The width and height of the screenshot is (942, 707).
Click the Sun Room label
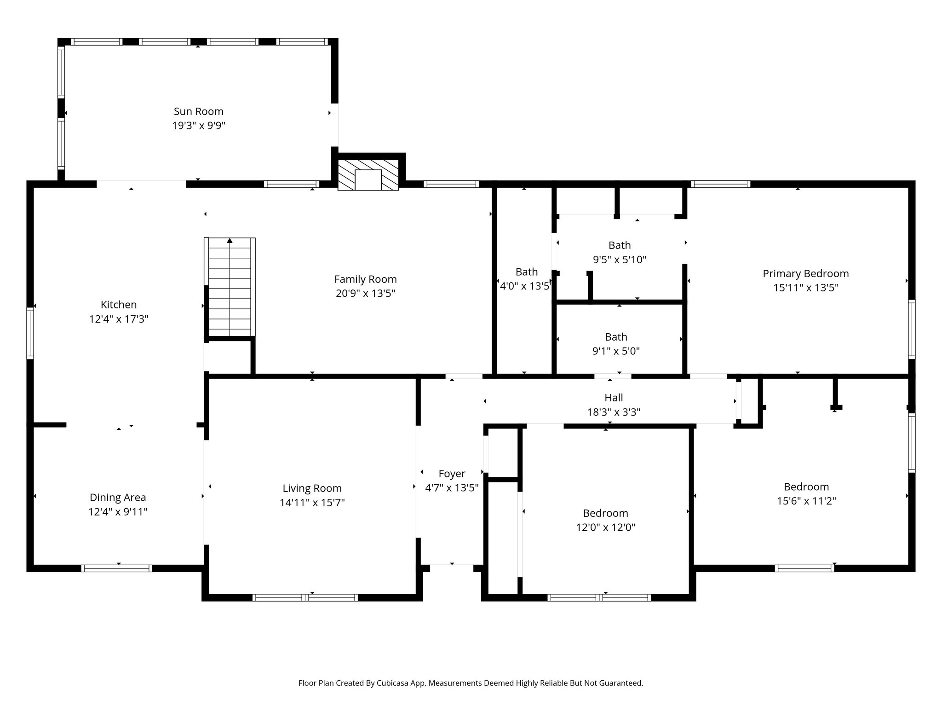(x=198, y=111)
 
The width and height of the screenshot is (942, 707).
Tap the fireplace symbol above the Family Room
(x=368, y=175)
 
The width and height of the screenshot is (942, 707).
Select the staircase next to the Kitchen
(x=230, y=287)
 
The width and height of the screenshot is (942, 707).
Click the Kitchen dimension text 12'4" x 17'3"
(x=119, y=319)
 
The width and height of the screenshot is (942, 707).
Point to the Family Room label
(x=365, y=279)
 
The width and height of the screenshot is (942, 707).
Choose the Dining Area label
(x=118, y=498)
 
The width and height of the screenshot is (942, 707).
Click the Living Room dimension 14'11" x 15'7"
(x=312, y=503)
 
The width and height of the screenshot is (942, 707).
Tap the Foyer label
(x=452, y=474)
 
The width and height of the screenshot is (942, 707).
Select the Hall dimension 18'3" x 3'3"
(x=614, y=412)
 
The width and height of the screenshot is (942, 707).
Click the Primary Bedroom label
(x=805, y=274)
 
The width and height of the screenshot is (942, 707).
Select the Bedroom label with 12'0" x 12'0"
(x=605, y=513)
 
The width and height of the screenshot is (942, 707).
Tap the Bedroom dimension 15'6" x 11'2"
(x=806, y=501)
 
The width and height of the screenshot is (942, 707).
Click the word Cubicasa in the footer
(x=393, y=683)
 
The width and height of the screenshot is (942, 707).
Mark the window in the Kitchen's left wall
(x=30, y=333)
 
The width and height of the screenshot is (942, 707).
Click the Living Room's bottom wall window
(x=305, y=597)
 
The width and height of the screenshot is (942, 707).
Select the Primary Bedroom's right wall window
(x=911, y=329)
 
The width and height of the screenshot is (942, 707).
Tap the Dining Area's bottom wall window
(x=116, y=568)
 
